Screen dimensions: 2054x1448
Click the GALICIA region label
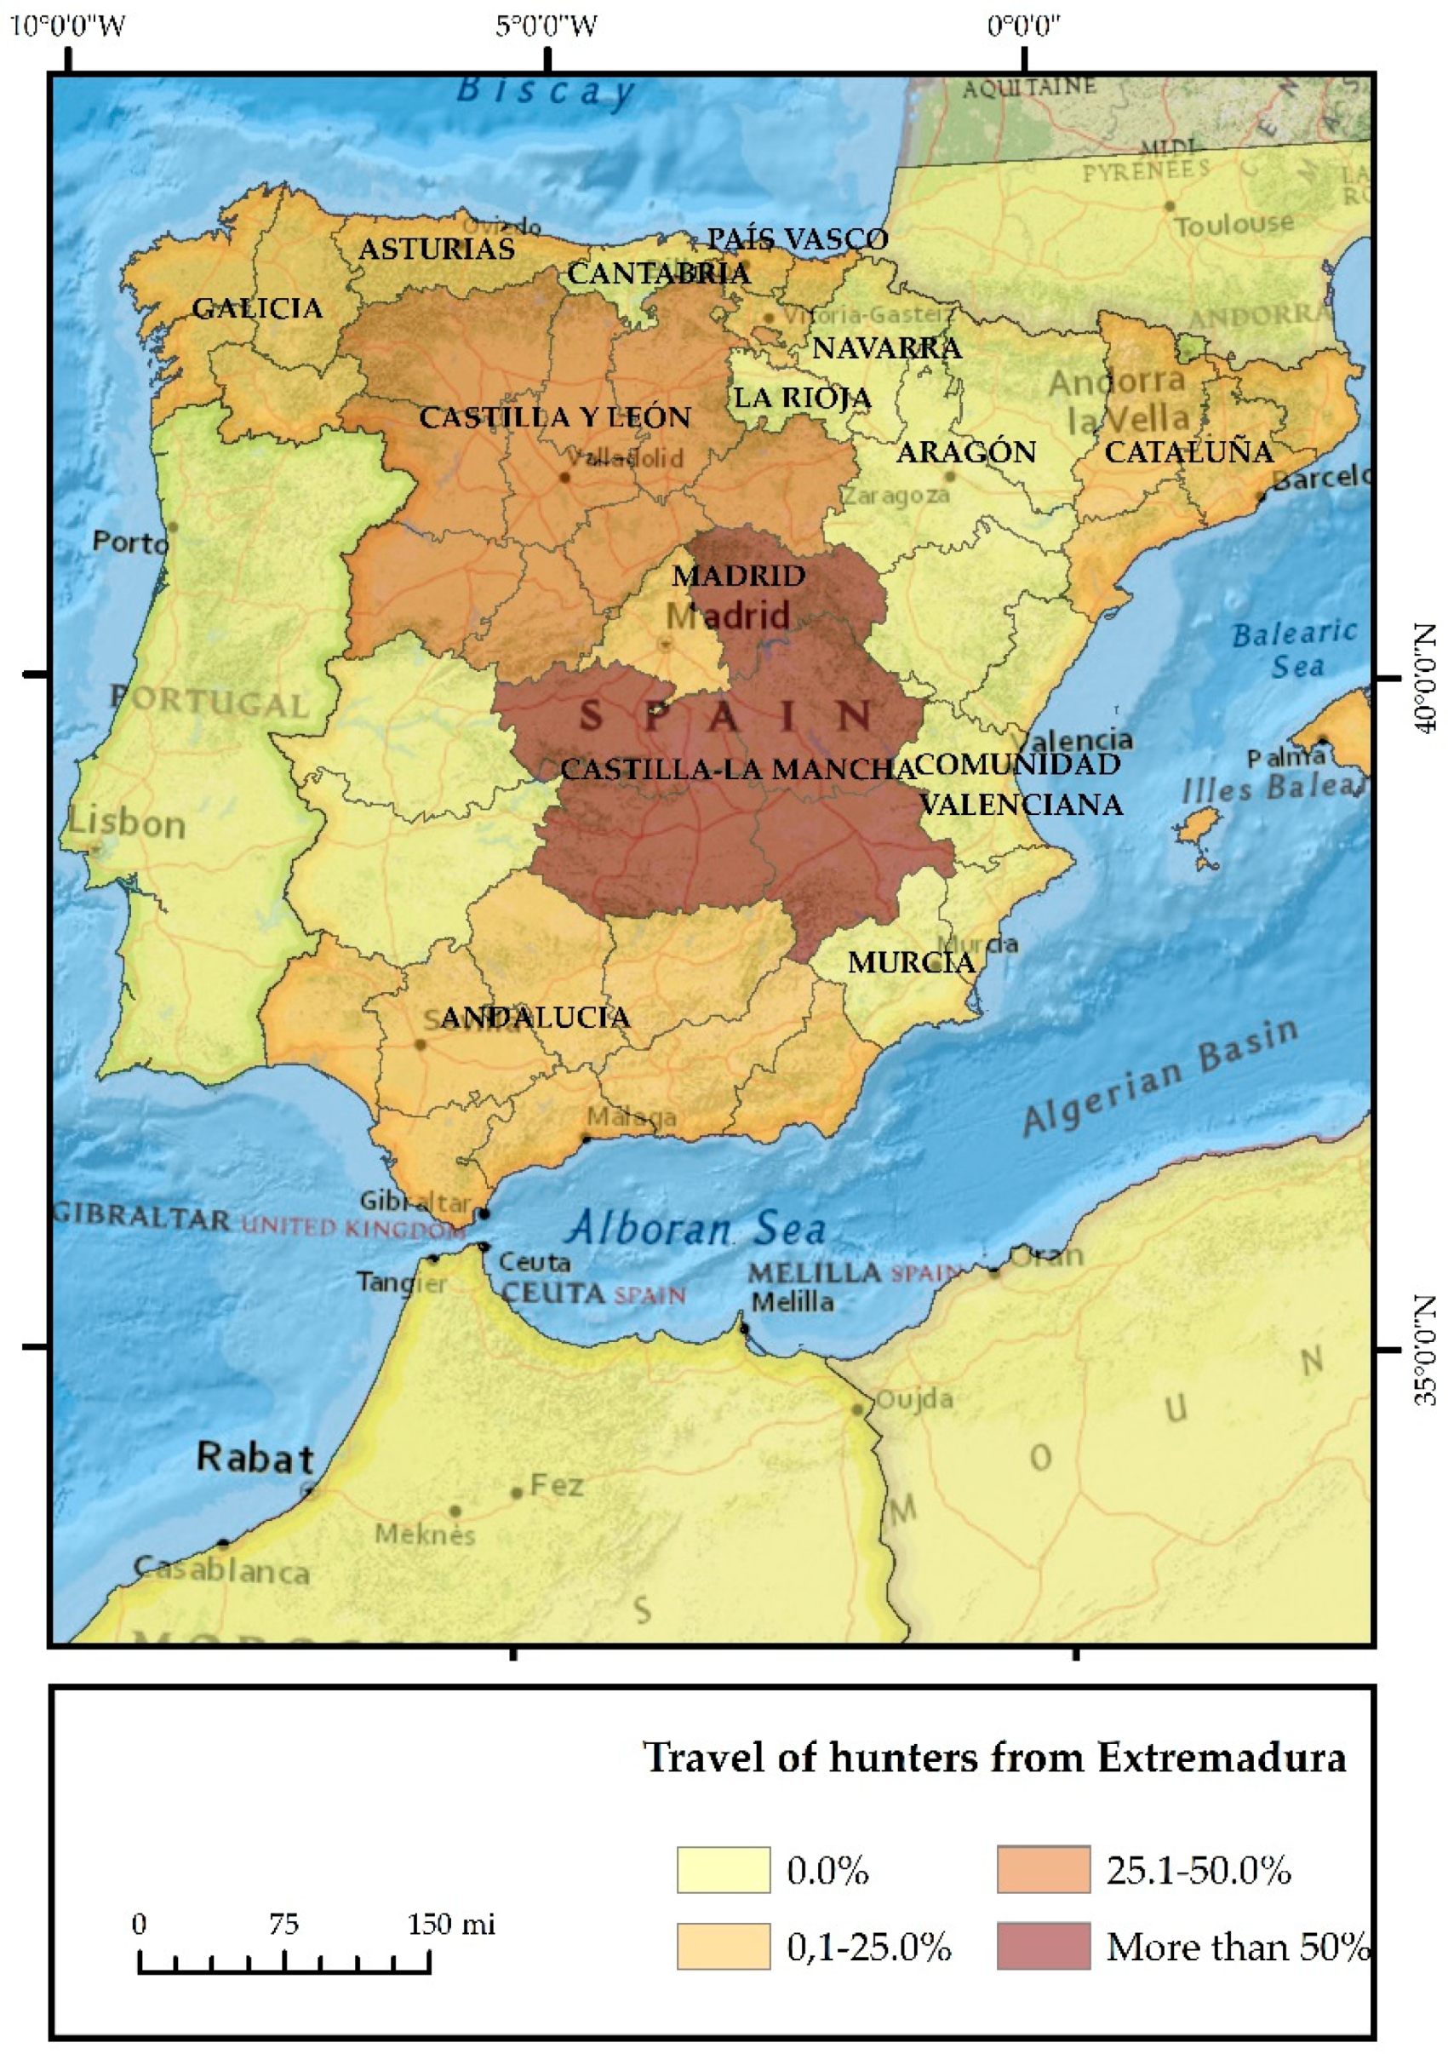[258, 308]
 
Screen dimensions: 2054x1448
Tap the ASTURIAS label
[437, 249]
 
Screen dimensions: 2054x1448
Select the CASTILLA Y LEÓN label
[554, 417]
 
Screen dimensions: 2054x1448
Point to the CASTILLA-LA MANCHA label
[737, 768]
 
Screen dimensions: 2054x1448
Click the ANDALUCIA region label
[535, 1016]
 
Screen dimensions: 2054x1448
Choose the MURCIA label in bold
[911, 962]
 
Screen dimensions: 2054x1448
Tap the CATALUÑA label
[1188, 452]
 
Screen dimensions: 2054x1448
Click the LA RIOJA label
[802, 397]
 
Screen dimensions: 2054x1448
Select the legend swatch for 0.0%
[723, 1870]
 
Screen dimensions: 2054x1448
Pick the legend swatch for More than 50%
[1043, 1946]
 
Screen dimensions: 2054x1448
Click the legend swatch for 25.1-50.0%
[1043, 1870]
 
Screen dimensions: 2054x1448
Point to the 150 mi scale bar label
[451, 1925]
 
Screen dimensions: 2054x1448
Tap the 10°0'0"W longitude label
[68, 25]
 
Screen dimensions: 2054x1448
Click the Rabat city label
[255, 1457]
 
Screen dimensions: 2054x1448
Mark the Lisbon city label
[127, 823]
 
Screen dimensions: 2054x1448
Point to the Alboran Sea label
[696, 1228]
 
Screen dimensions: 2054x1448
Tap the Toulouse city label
[1233, 224]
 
